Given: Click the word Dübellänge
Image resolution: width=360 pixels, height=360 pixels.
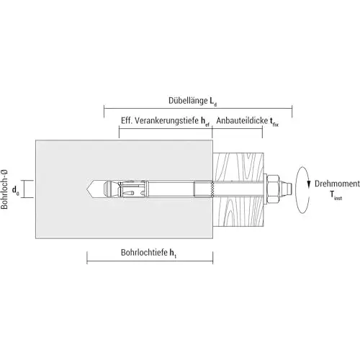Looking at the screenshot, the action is point(188,100).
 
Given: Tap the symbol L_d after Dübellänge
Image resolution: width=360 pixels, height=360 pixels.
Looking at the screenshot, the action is point(213,102).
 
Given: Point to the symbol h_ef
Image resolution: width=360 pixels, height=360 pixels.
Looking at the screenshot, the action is point(205,122).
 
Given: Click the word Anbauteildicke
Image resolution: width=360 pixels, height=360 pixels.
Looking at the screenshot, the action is point(242,120).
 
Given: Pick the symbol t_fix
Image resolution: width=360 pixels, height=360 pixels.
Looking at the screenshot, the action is point(274,122).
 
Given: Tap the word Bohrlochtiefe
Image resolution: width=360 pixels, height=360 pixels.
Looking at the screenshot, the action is point(144,252).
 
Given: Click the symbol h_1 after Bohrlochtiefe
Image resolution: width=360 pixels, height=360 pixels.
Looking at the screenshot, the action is point(173,253).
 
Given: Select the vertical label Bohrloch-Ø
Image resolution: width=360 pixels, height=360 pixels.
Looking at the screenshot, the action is point(4,189).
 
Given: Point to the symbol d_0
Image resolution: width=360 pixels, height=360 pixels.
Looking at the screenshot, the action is point(16,190).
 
